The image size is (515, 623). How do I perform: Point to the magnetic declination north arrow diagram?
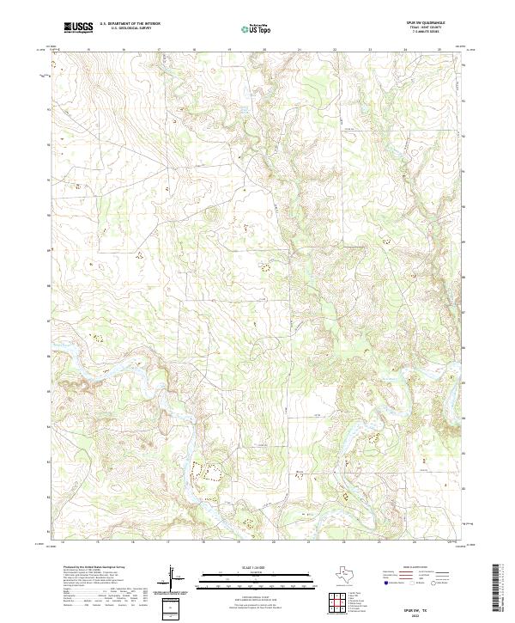[172, 576]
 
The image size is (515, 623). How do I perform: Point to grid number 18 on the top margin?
[195, 50]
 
